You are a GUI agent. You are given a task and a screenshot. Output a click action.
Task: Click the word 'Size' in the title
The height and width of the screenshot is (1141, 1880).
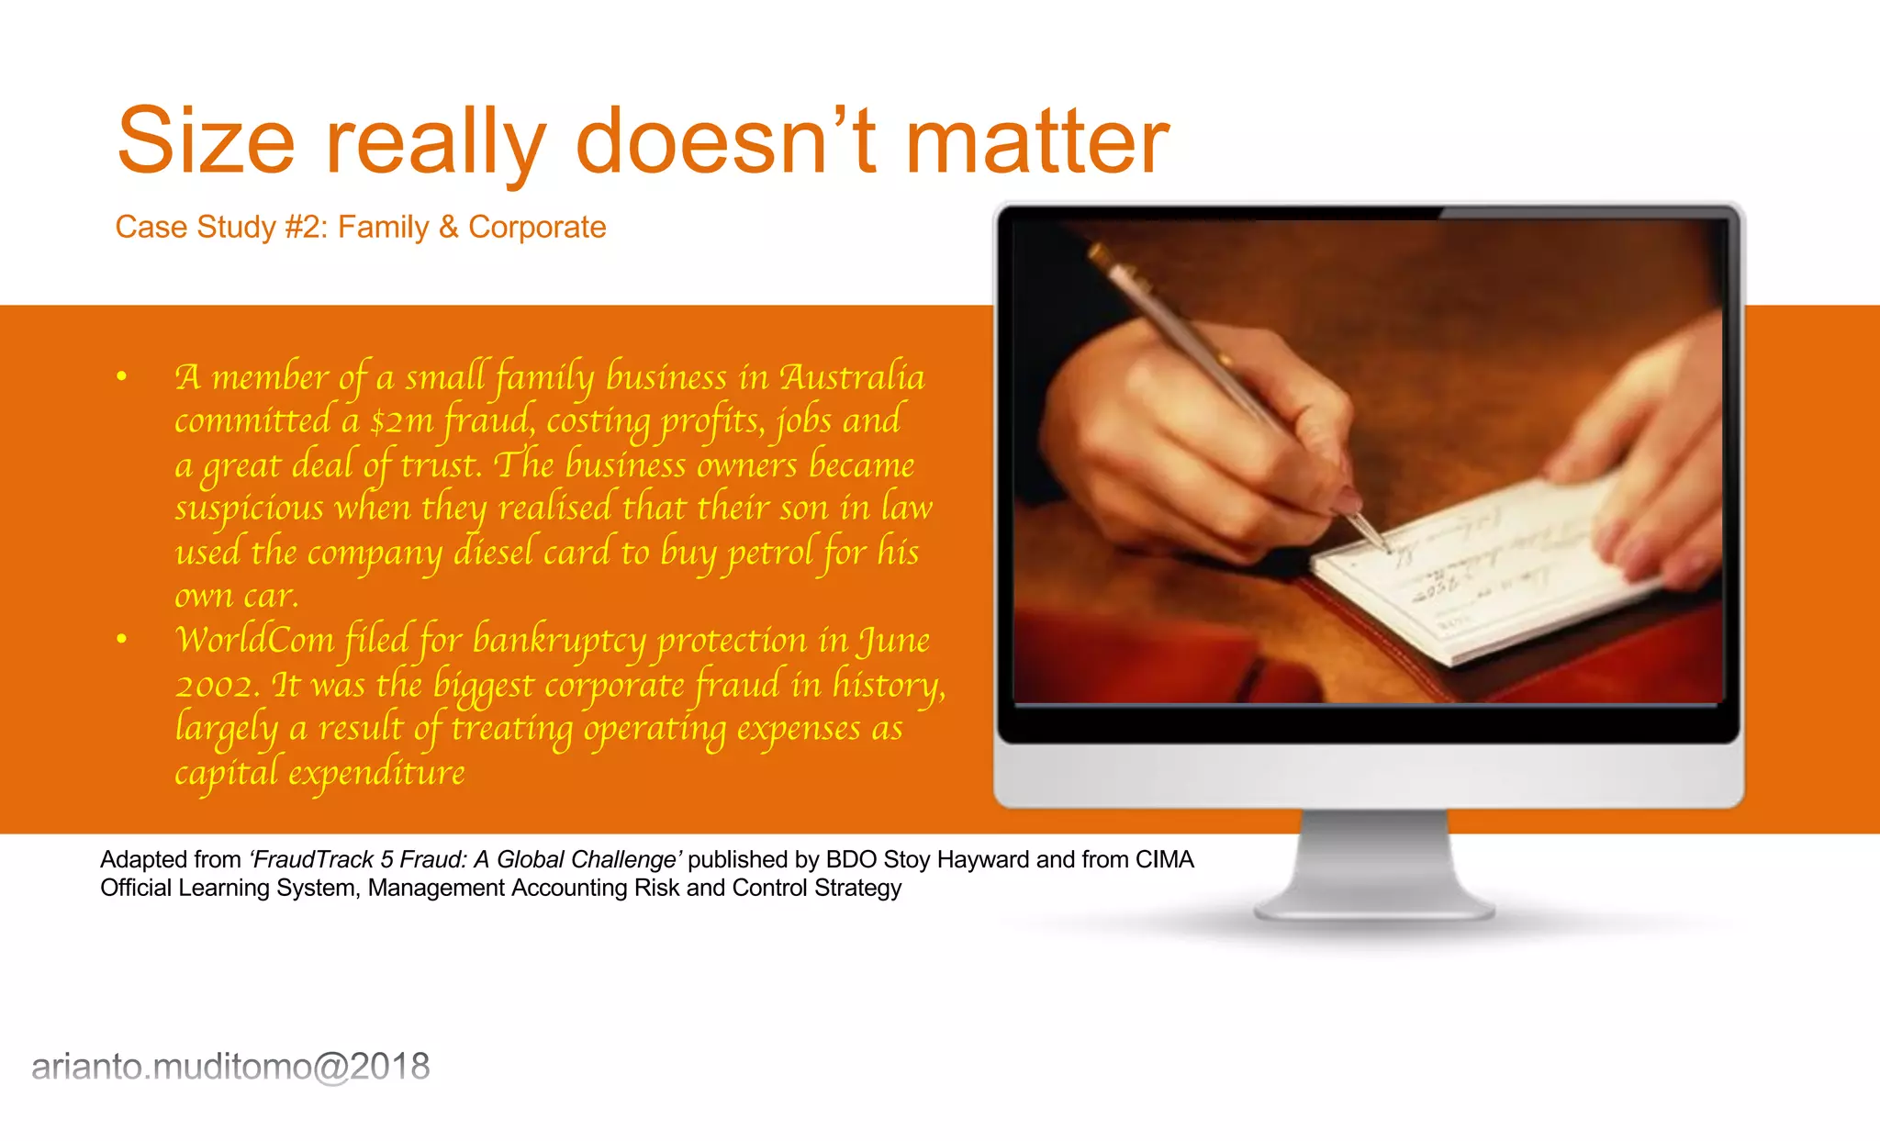point(206,141)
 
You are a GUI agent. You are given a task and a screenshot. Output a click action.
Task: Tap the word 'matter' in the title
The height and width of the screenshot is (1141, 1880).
point(1036,141)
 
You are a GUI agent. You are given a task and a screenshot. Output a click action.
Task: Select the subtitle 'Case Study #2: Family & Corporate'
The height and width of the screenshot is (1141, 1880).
point(360,227)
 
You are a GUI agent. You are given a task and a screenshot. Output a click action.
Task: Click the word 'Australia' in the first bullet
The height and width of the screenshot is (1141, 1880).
point(852,377)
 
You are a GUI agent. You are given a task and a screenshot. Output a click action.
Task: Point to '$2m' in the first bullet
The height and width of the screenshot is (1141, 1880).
point(401,421)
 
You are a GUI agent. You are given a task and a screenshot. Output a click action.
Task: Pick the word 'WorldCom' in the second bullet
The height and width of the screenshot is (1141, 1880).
point(255,640)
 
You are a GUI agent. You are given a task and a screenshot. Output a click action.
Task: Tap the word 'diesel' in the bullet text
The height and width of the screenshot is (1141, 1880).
point(493,553)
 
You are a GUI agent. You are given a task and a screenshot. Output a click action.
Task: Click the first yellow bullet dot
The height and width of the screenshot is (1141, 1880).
point(121,375)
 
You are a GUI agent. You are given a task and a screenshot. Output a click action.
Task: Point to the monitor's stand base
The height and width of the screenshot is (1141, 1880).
point(1374,909)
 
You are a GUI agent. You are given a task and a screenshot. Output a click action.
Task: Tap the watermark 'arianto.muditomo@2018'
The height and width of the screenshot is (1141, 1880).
point(230,1067)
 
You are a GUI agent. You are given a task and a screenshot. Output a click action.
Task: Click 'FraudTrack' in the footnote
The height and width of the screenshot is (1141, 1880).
point(312,859)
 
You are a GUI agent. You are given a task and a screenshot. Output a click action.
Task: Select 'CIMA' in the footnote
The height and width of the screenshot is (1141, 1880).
point(1164,859)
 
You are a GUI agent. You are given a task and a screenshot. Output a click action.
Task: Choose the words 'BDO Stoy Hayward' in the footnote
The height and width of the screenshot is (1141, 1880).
point(927,859)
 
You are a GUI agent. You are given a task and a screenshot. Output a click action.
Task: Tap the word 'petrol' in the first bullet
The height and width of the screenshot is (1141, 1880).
point(770,553)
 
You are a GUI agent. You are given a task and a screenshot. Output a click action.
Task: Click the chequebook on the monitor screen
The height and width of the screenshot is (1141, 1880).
point(1487,569)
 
